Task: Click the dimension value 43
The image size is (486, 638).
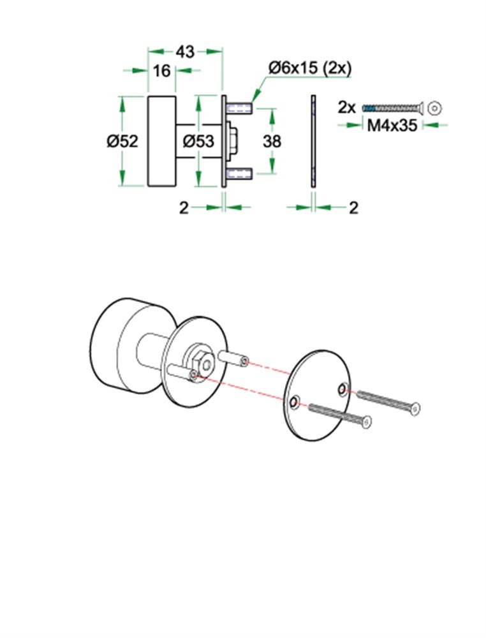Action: point(185,52)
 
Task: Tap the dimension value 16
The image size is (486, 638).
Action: point(162,70)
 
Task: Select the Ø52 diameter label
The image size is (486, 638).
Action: point(122,141)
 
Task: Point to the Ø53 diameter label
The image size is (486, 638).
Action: point(198,141)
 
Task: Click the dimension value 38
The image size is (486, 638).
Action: point(272,141)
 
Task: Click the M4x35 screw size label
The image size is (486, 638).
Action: point(392,125)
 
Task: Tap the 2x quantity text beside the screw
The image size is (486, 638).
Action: point(347,107)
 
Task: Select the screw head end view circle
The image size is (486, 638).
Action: point(435,107)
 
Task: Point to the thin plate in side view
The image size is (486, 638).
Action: point(313,141)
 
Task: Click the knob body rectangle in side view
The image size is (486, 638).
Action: point(161,141)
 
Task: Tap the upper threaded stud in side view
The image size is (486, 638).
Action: point(240,106)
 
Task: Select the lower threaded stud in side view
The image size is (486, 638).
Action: point(240,173)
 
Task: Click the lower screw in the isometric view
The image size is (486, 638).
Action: point(340,415)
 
